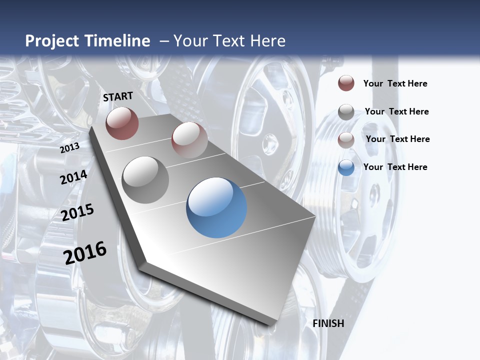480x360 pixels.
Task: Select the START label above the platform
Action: (118, 96)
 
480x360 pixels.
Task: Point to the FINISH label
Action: (328, 323)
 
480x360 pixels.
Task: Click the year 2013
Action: (70, 147)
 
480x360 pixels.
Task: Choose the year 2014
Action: (73, 177)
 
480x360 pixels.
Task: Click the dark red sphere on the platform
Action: (122, 123)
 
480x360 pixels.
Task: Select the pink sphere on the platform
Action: (189, 139)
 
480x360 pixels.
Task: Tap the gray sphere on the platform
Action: (145, 180)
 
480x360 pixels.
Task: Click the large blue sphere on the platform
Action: (216, 207)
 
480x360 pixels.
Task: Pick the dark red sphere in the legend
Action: (346, 83)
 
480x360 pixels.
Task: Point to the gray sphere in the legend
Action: (346, 112)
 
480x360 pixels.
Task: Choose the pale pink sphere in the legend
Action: (346, 140)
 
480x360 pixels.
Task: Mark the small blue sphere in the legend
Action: (346, 167)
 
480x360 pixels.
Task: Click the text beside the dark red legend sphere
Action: (395, 83)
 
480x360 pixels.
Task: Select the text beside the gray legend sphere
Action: (397, 111)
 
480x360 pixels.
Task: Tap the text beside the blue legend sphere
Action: (395, 167)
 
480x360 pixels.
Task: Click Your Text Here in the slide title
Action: (229, 41)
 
